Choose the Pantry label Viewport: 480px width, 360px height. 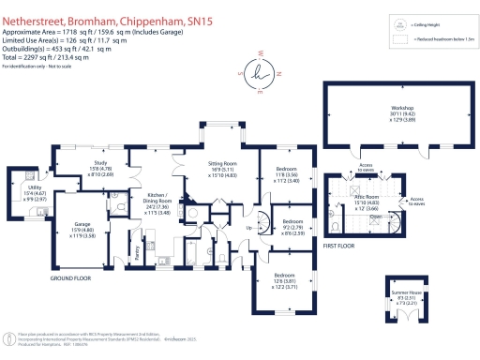pyautogui.click(x=138, y=251)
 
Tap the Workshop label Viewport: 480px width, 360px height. pyautogui.click(x=402, y=109)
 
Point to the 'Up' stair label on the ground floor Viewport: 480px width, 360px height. pyautogui.click(x=249, y=229)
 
